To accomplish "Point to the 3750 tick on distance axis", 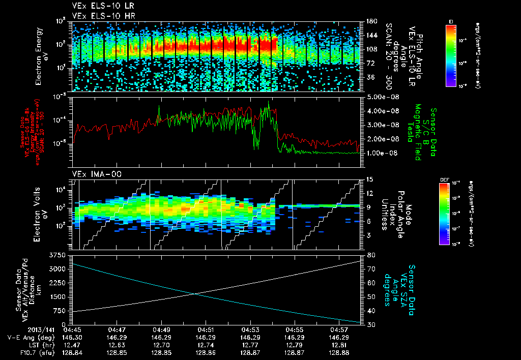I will [x=57, y=254].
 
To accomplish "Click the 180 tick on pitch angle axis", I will [x=371, y=21].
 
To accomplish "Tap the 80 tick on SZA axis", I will [x=369, y=255].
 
